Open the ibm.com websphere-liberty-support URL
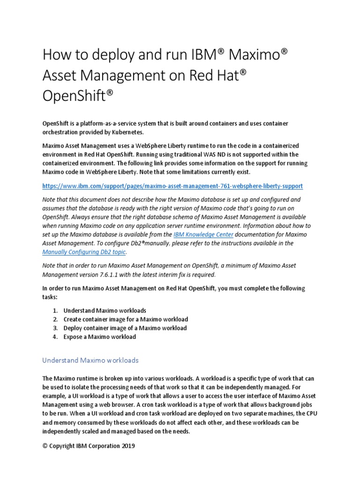click(172, 186)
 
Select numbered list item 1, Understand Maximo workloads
click(105, 310)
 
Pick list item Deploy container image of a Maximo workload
click(125, 328)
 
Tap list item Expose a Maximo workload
click(99, 337)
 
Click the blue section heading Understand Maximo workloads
click(90, 360)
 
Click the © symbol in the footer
click(45, 446)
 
